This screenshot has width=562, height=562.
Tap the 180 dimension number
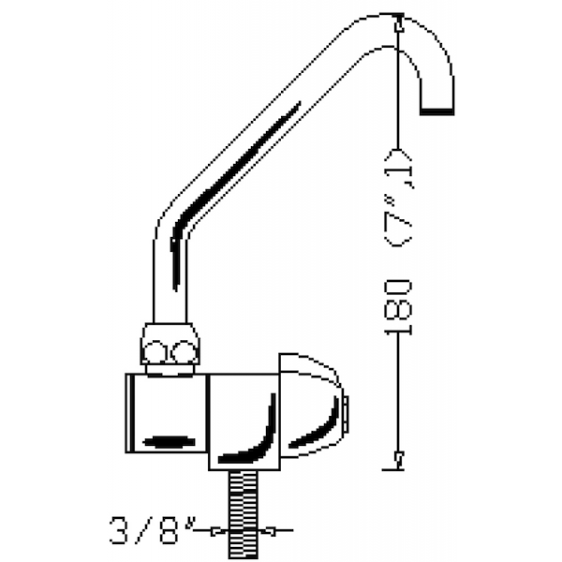[398, 307]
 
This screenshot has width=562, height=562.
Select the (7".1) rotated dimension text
[398, 199]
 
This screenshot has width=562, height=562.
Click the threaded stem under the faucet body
[243, 514]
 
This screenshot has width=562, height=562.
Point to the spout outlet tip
[436, 111]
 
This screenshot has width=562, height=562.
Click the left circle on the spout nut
[155, 351]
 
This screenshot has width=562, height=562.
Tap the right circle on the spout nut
[184, 351]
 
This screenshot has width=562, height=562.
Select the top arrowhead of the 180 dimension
[399, 23]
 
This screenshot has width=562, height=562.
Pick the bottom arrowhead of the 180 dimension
[399, 460]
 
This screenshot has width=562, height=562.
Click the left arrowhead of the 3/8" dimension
[218, 531]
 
